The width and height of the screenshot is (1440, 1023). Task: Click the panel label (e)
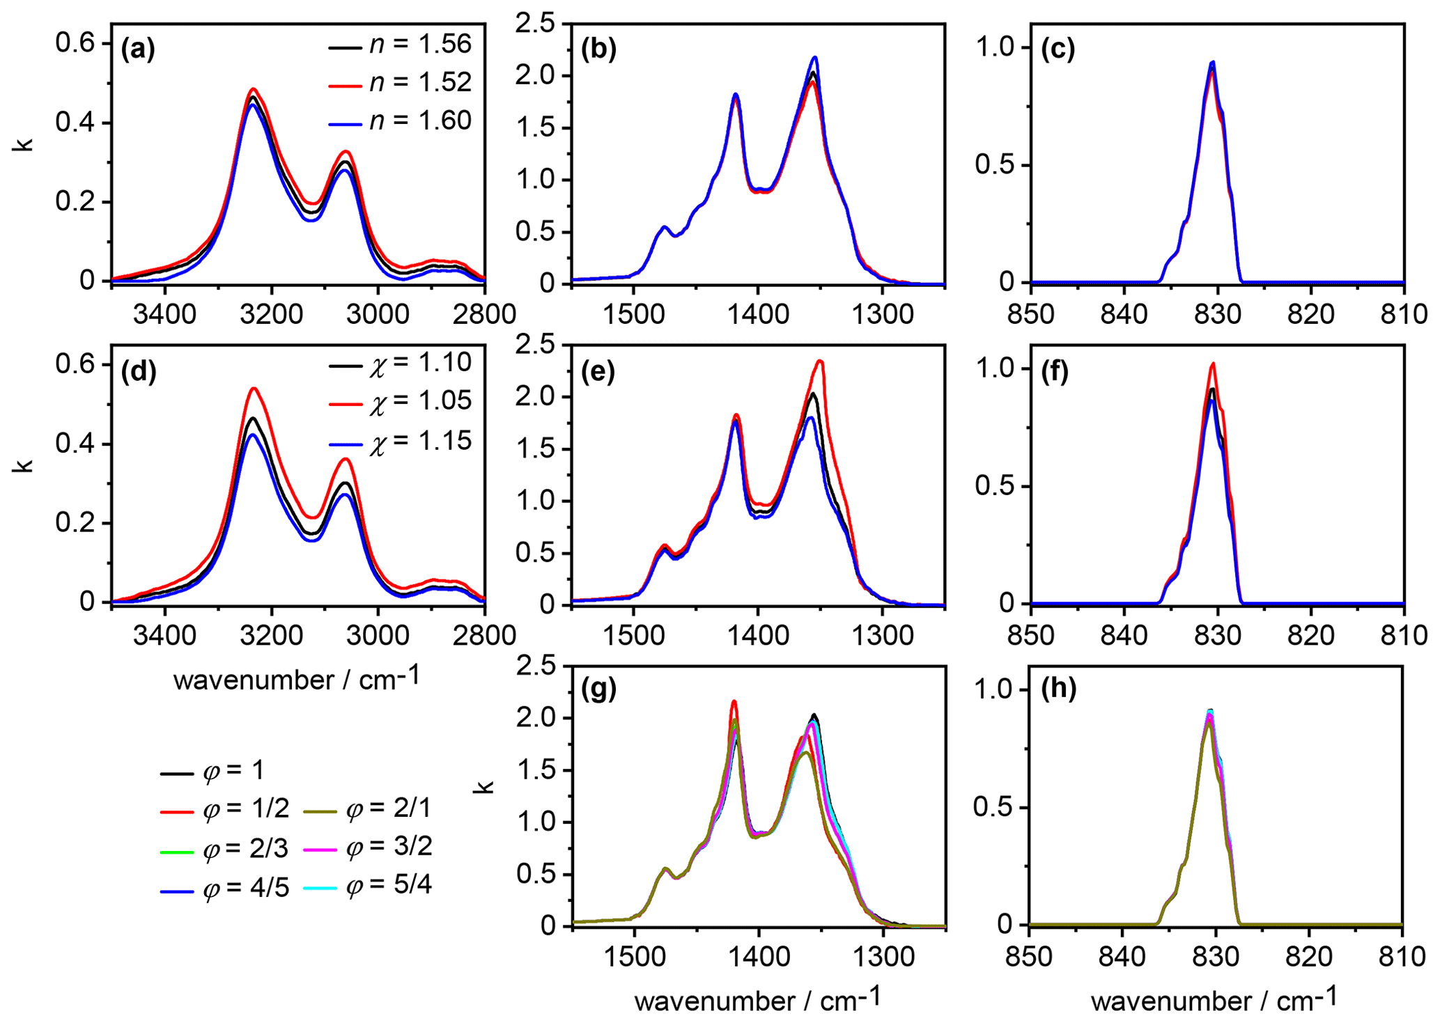point(598,373)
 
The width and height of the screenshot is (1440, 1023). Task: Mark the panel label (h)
point(1058,689)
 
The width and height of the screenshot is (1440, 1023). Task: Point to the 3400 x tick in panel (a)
point(164,314)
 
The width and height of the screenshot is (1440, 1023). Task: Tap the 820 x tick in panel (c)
point(1311,314)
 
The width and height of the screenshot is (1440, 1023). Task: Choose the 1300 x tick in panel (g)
point(883,956)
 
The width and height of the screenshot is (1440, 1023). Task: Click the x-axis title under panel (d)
point(297,679)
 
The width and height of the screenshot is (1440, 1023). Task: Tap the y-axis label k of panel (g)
point(485,787)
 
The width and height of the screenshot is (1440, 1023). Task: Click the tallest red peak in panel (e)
point(821,361)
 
